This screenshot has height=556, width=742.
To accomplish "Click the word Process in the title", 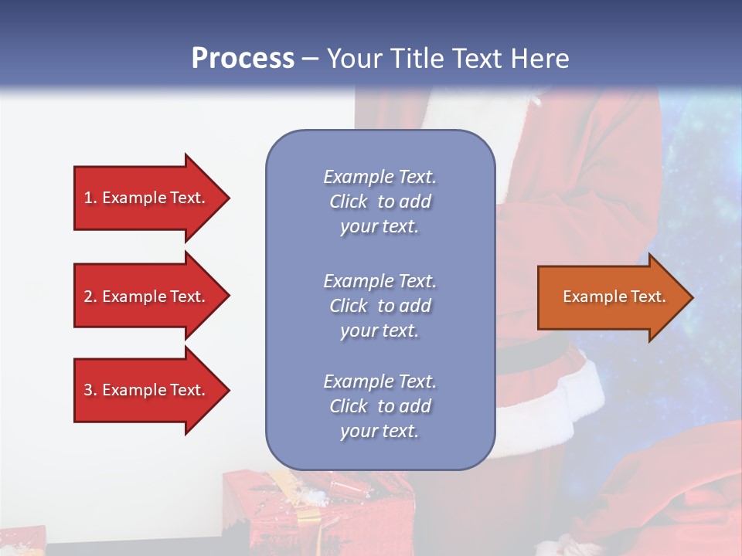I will pyautogui.click(x=243, y=59).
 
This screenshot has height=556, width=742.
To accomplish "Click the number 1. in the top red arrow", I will pyautogui.click(x=90, y=198).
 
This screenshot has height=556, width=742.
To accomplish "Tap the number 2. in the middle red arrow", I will pyautogui.click(x=90, y=297).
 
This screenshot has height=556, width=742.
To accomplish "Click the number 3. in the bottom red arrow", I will pyautogui.click(x=90, y=390).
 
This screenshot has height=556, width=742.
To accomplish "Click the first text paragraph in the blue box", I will pyautogui.click(x=380, y=202).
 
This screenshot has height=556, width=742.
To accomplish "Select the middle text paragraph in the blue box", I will pyautogui.click(x=380, y=306).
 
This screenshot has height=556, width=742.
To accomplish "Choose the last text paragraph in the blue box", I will pyautogui.click(x=380, y=406).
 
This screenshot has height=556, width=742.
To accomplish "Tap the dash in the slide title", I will pyautogui.click(x=310, y=59).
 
